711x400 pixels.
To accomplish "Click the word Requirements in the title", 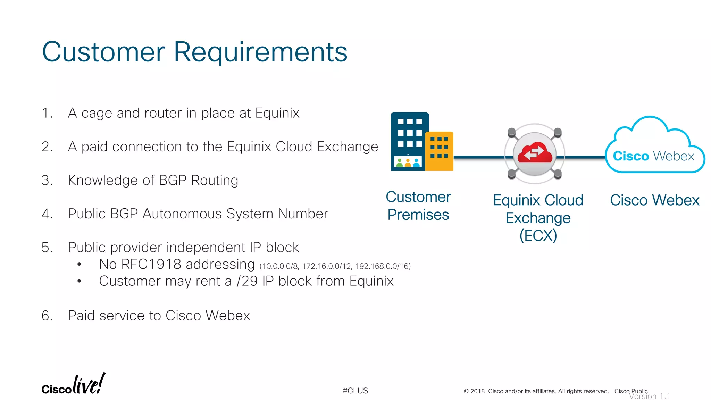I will (x=260, y=52).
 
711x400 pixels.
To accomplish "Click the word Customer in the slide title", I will (x=103, y=52).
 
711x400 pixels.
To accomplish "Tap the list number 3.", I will (x=46, y=181).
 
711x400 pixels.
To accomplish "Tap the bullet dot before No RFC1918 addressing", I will (x=80, y=265).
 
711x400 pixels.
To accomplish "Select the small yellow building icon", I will (x=439, y=151).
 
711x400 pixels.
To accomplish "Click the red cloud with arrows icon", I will (x=535, y=153).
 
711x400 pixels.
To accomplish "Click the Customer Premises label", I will (x=418, y=206).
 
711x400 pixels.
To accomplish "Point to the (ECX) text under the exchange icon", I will (x=538, y=236).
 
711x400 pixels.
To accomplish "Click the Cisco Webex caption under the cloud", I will (x=654, y=200).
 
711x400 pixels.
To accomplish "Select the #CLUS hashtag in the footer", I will (x=355, y=391).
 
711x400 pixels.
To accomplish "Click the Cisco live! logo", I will (x=73, y=385).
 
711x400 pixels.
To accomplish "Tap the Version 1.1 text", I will (x=650, y=397).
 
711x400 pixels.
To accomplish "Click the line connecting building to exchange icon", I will (x=479, y=157).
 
